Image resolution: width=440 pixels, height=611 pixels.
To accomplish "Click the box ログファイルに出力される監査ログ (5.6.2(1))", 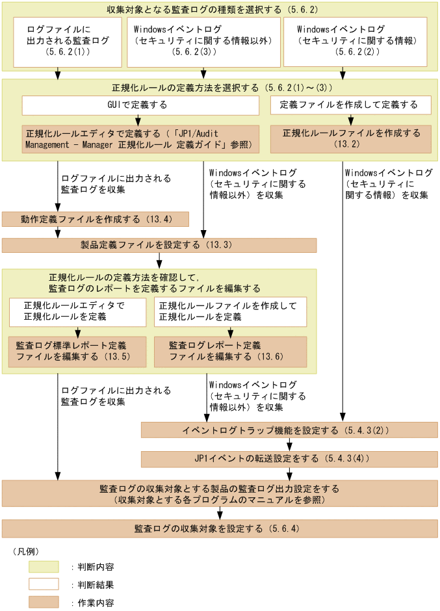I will click(68, 42).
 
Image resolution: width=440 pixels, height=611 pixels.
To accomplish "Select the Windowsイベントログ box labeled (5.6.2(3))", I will click(203, 42).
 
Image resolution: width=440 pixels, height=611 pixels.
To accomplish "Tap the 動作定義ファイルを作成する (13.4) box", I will click(96, 219).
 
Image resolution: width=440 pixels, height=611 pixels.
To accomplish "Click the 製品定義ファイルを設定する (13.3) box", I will click(159, 245).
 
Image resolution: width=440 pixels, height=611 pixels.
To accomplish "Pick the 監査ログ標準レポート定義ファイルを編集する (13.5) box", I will click(77, 351).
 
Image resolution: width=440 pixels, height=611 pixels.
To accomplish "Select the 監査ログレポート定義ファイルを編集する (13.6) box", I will click(230, 351).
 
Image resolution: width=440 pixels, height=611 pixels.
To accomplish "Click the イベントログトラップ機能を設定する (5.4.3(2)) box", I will click(289, 430).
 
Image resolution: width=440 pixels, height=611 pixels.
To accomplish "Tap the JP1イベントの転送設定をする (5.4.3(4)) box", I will click(289, 459).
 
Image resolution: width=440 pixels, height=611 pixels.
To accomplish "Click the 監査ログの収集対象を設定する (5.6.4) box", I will click(220, 528).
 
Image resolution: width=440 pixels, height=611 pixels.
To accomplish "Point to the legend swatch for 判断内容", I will click(44, 567).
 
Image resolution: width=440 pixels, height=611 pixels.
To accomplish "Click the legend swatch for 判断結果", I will click(44, 584).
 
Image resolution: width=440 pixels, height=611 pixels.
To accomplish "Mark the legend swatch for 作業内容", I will click(44, 602).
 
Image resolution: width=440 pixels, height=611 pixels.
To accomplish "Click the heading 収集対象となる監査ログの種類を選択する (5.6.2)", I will click(220, 10).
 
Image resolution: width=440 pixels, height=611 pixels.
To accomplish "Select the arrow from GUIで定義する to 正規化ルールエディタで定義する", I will click(138, 120).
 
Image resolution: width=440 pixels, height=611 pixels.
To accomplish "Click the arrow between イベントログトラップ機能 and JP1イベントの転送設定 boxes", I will click(290, 445).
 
